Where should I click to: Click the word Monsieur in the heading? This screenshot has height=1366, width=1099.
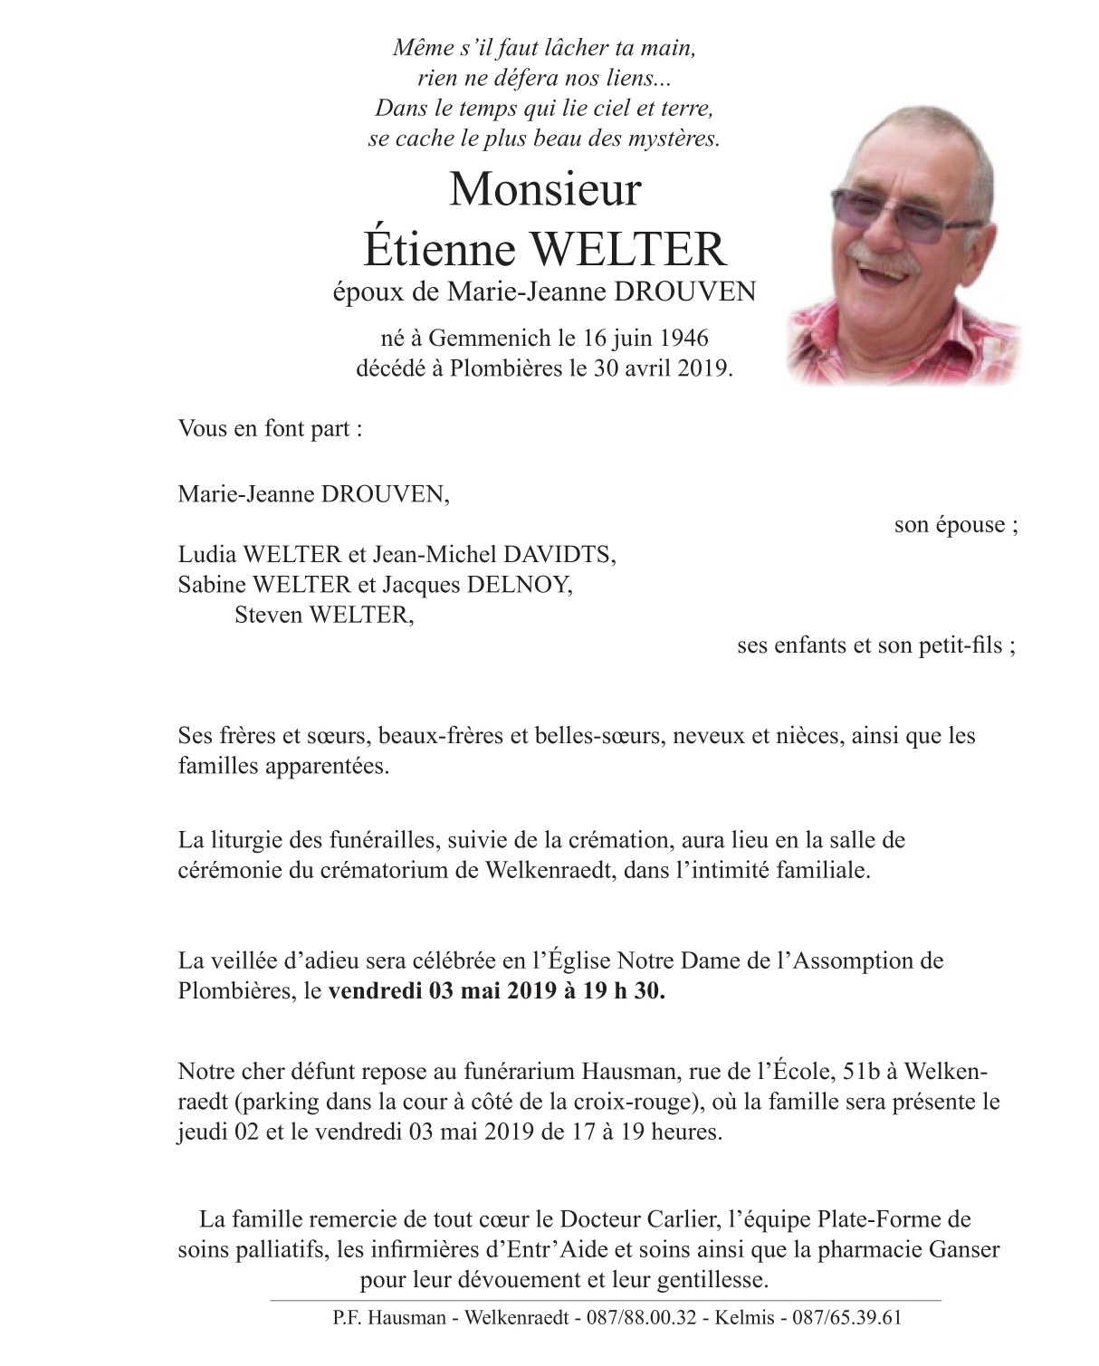tap(545, 189)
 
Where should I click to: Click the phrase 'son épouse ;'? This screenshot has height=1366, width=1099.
tap(955, 525)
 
